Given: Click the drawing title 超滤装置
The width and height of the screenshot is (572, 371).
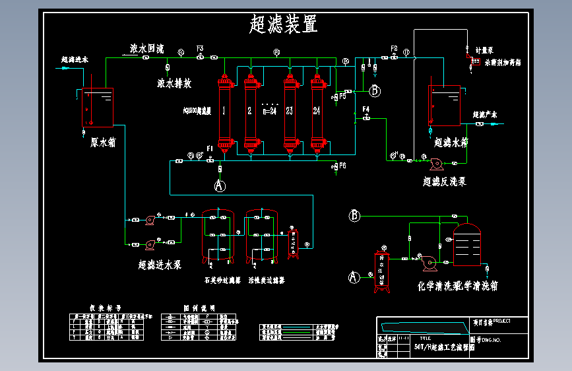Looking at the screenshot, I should pos(284,24).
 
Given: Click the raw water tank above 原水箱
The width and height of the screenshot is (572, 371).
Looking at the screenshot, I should pos(98,107).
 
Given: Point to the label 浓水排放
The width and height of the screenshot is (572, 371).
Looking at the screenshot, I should pos(174,84).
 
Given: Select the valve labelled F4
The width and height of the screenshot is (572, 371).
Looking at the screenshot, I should pos(365,118).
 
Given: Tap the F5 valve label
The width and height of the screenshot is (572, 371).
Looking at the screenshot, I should pos(342,96).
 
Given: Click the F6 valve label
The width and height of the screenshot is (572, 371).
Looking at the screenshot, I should pos(342,166).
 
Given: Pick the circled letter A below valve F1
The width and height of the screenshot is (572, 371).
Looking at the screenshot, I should pos(220,185).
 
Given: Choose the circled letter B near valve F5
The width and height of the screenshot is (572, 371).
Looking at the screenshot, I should pos(375,90).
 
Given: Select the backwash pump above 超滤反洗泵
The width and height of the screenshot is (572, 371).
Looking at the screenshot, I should pos(435,162).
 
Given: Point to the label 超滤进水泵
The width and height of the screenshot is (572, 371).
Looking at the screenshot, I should pos(160,265).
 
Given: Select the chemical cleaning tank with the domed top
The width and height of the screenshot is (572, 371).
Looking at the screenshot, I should pos(468,245).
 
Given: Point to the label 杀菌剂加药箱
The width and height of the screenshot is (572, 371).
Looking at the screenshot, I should pos(503,63).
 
